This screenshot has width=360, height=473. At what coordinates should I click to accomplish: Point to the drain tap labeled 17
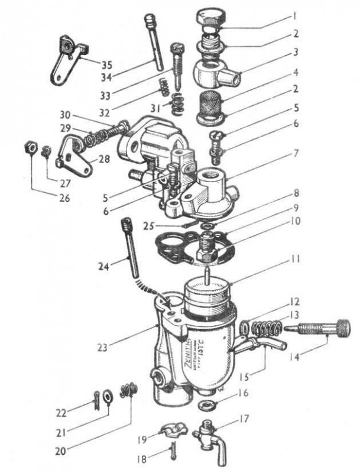point(208,427)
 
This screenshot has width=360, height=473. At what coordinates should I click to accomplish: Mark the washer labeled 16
point(206,406)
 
